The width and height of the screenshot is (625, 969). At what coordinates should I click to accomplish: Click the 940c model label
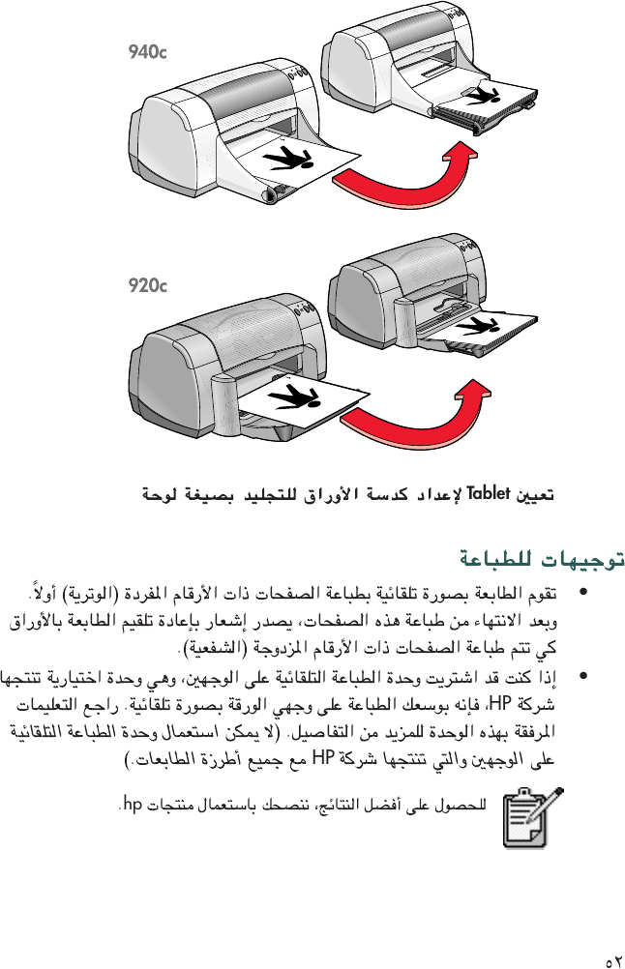point(147,51)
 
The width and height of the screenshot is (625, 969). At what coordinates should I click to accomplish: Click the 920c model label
point(147,285)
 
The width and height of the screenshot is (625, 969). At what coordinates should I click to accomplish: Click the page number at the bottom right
point(611,961)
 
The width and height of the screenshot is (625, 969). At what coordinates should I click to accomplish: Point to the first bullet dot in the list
point(580,591)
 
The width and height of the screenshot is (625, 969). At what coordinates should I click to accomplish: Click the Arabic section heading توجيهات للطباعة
point(541,558)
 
